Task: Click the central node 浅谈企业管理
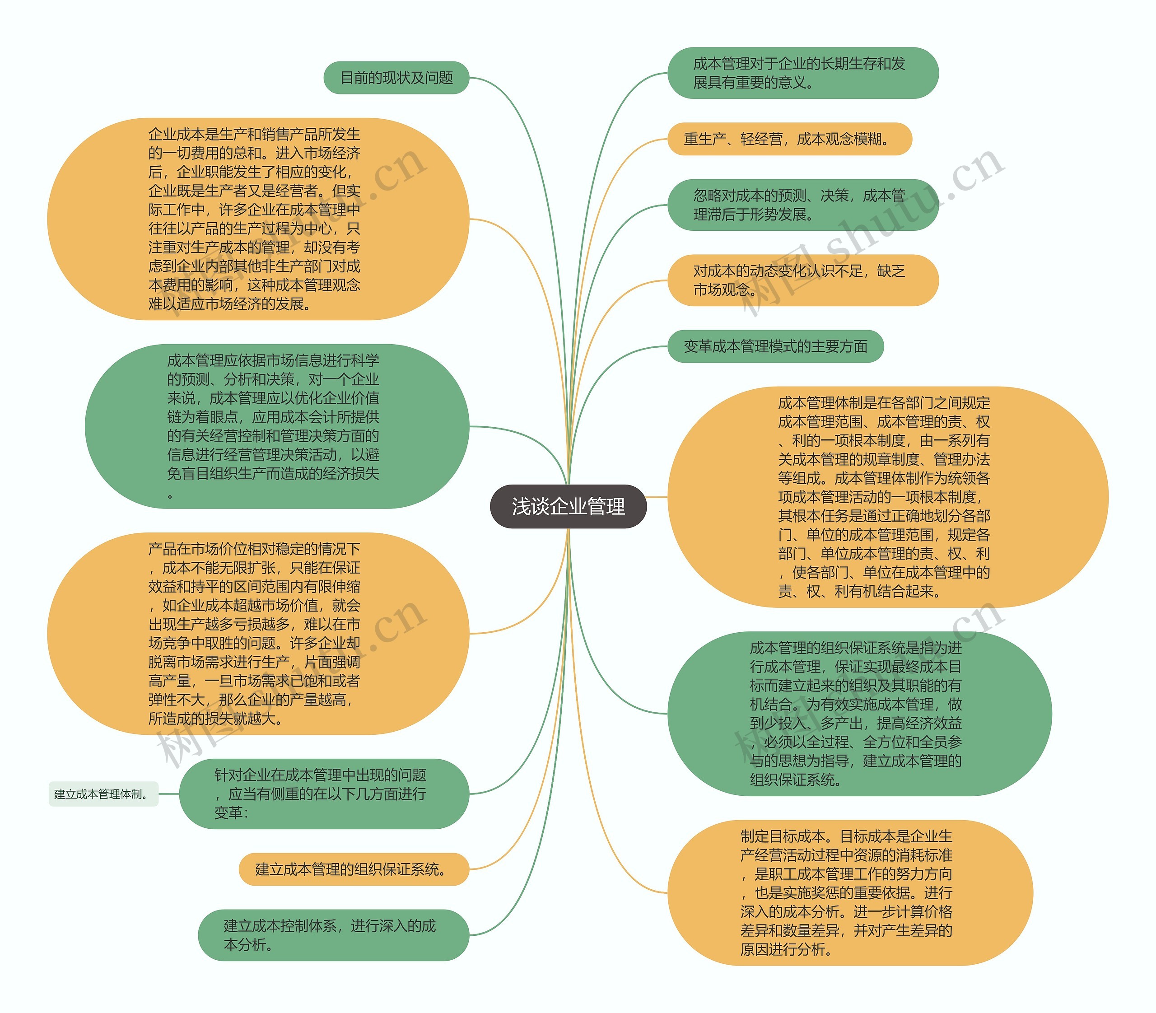click(x=568, y=506)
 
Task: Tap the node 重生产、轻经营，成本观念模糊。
click(x=789, y=139)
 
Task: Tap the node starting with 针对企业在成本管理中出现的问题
click(x=323, y=794)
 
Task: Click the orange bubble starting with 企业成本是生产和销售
click(x=258, y=219)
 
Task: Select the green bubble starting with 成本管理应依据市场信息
click(x=276, y=426)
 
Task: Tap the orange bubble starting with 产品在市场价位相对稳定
click(x=258, y=633)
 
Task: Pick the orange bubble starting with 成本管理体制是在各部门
click(x=887, y=497)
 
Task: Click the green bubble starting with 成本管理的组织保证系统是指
click(x=859, y=714)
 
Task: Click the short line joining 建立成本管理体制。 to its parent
click(x=168, y=794)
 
